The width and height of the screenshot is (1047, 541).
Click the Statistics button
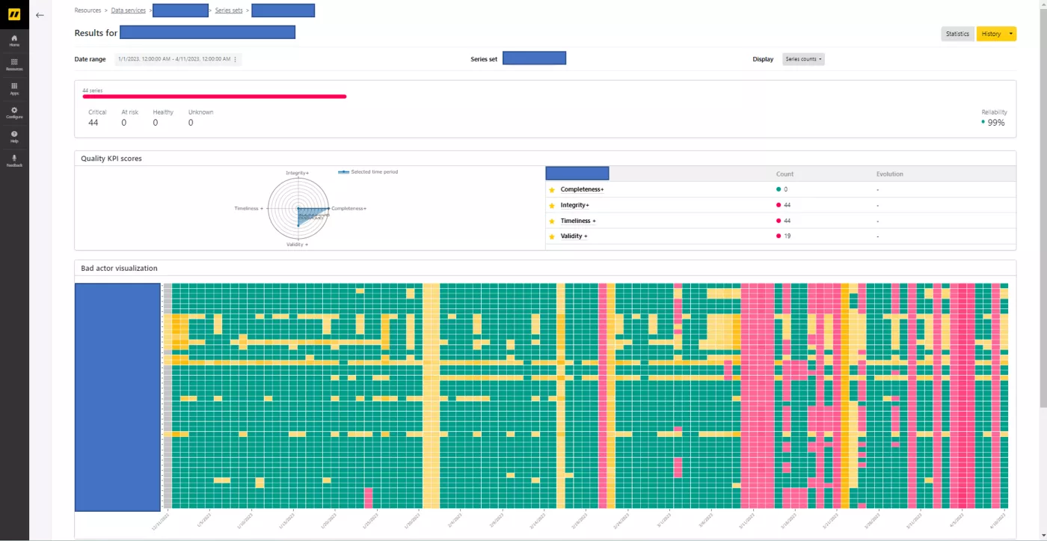(x=957, y=34)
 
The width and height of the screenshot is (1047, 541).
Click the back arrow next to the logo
(x=40, y=15)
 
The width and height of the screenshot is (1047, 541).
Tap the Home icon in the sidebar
(x=14, y=40)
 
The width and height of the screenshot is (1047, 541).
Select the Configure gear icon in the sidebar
(x=14, y=112)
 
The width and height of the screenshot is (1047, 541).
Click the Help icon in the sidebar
(x=14, y=136)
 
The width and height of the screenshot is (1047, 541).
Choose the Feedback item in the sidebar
(x=14, y=160)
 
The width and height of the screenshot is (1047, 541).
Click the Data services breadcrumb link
(x=129, y=10)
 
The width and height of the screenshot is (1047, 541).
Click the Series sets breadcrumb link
(x=228, y=10)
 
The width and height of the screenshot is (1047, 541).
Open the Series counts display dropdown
(x=803, y=59)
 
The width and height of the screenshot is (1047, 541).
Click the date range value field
(x=177, y=59)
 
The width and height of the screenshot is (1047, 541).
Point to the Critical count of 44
(x=93, y=123)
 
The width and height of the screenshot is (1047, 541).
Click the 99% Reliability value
(x=995, y=123)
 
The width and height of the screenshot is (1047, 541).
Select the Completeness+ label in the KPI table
(x=582, y=189)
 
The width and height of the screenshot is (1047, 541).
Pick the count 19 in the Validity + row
(x=787, y=236)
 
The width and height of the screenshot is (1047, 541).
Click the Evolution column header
(x=890, y=174)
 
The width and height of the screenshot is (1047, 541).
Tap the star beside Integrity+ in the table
(x=552, y=206)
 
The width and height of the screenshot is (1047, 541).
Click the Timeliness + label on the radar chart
(x=248, y=209)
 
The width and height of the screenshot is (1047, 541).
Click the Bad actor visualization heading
(x=119, y=268)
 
